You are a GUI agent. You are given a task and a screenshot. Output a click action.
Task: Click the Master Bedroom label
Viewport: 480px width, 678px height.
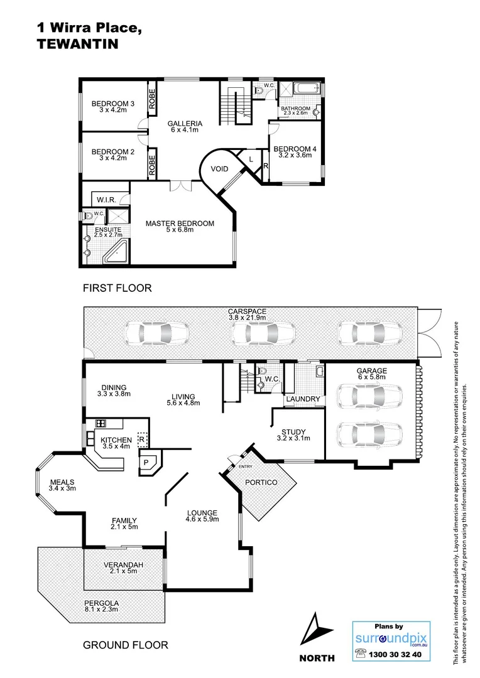click(180, 223)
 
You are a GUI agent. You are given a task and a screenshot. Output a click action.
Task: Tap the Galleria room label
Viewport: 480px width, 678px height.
click(185, 123)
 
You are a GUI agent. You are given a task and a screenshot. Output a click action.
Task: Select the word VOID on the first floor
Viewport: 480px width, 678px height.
click(219, 169)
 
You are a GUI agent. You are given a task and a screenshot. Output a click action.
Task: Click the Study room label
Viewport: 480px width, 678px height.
click(293, 432)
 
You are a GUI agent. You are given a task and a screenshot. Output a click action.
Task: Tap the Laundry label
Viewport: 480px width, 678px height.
click(303, 399)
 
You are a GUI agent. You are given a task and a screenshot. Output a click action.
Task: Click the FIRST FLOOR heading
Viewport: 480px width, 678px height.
click(117, 288)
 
